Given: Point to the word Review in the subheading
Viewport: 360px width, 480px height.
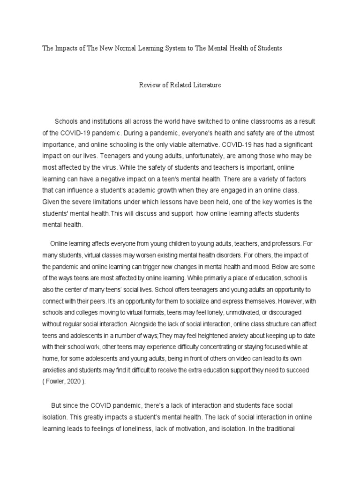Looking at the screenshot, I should (x=149, y=85).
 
